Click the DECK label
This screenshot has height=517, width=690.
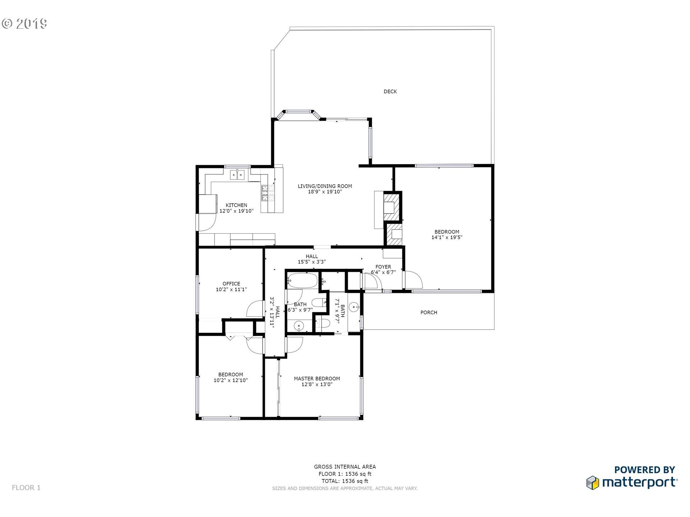pos(390,92)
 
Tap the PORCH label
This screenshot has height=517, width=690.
pos(429,312)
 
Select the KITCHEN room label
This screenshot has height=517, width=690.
pos(236,205)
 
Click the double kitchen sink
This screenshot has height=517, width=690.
pos(237,174)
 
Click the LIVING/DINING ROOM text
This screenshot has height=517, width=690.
pos(325,186)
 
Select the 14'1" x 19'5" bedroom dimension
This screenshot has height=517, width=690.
pos(447,237)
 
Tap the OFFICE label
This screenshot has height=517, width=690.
pos(231,284)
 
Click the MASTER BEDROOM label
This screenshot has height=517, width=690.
pos(317,378)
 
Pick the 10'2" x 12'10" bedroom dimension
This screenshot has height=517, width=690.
pos(230,380)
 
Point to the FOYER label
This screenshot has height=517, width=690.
pos(383,267)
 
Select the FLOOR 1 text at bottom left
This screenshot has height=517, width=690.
pos(26,488)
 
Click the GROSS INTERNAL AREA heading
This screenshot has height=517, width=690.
pos(345,467)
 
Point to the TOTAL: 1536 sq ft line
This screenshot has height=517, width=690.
pos(345,481)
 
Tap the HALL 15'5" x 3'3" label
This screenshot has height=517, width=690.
pos(312,259)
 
